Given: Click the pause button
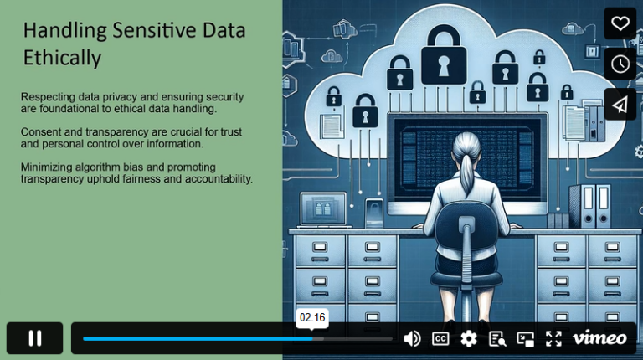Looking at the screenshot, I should (35, 338).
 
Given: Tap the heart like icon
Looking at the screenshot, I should (620, 23).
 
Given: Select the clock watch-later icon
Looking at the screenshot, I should (620, 64).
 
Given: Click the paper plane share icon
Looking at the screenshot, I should (620, 104).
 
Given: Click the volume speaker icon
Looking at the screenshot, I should (412, 338).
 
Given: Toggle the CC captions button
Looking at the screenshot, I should (440, 338).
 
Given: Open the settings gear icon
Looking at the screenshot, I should (469, 338).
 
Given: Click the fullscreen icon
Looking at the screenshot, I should (553, 338).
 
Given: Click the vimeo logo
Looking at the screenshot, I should (599, 338).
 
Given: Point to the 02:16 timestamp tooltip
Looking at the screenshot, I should (312, 318).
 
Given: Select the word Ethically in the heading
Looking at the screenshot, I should (62, 59).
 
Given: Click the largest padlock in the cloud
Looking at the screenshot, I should (443, 54).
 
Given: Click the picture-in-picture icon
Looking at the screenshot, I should (525, 338).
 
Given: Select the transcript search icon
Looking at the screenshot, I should (497, 338).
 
